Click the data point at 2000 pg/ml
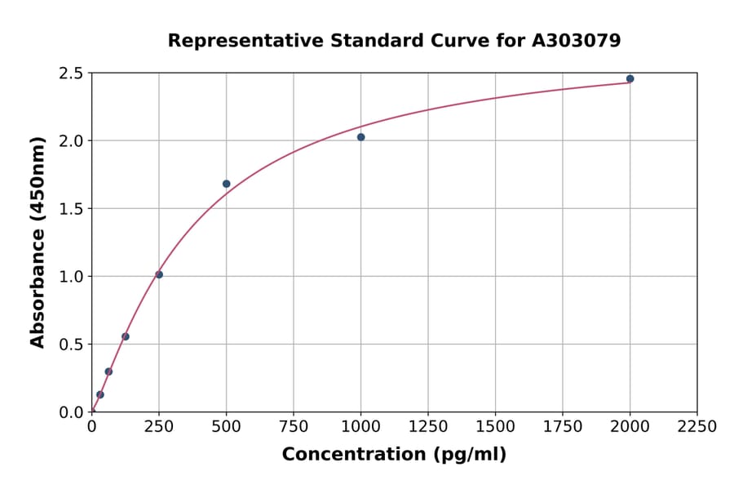coord(630,79)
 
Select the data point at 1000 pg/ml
coord(360,137)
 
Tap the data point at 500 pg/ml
coord(226,184)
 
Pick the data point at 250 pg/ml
coord(159,274)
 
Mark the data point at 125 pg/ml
coord(126,336)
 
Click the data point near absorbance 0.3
coord(108,372)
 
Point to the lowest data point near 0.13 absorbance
coord(100,394)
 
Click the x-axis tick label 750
coord(294,427)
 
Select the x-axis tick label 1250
coord(428,427)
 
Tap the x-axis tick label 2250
coord(696,427)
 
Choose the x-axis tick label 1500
coord(495,427)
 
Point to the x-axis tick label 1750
coord(563,427)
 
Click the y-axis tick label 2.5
coord(71,73)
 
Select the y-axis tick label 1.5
coord(71,209)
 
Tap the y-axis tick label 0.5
coord(71,345)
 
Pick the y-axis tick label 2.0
coord(71,141)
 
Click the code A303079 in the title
coord(576,41)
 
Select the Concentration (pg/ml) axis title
coord(394,455)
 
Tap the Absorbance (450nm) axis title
coord(38,242)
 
